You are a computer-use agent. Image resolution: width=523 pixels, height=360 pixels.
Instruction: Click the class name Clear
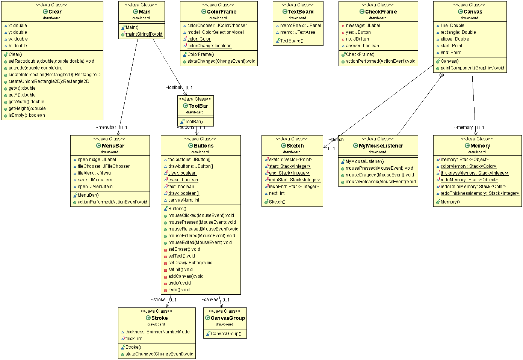coord(55,12)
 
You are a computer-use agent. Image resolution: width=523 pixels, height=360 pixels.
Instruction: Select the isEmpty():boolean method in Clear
coord(27,115)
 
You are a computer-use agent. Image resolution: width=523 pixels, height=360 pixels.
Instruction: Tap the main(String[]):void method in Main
coord(144,34)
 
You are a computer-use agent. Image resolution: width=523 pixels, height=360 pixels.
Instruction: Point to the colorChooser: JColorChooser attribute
coord(217,26)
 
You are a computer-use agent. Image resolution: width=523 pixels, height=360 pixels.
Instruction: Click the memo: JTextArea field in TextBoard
coord(298,32)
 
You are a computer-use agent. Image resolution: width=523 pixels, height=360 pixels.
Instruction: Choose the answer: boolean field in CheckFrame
coord(362,46)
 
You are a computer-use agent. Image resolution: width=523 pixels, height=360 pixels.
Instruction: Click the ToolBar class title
coord(198,106)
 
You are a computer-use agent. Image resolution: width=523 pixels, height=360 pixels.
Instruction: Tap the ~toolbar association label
coord(174,87)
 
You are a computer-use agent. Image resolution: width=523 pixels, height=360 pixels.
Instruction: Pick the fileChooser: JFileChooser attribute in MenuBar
coord(104,166)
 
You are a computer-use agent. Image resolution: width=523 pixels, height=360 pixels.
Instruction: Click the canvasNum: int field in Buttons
coord(184,200)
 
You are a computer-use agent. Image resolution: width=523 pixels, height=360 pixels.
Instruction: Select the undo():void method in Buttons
coord(180,283)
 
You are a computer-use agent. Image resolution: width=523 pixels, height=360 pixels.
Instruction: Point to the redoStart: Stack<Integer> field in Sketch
coord(295,180)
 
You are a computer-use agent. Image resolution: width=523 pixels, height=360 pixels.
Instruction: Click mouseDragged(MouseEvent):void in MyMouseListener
coord(379,175)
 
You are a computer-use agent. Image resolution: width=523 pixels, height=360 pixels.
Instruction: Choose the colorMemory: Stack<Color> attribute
coord(468,166)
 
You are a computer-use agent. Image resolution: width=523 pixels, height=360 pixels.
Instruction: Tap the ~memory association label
coord(464,127)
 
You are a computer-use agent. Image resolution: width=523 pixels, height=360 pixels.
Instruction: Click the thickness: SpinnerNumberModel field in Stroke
coord(158,332)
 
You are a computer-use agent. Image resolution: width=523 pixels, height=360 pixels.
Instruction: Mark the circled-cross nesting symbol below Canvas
coord(442,75)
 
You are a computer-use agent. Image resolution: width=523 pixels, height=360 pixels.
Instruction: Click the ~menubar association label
coord(106,127)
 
